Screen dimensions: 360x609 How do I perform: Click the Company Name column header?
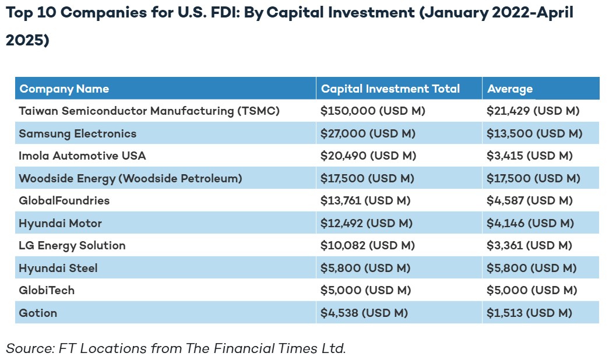click(x=64, y=89)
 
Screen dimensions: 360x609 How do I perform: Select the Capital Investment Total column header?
click(x=390, y=89)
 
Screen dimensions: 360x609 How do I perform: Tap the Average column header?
click(x=510, y=89)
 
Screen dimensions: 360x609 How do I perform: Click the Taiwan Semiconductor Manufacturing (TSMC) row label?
click(x=149, y=111)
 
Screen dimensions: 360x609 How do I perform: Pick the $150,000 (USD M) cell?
click(x=373, y=111)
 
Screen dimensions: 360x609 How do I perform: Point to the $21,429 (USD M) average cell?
click(x=533, y=111)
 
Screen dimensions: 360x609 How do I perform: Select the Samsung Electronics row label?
click(x=78, y=133)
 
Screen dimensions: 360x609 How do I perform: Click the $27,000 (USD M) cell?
click(x=368, y=133)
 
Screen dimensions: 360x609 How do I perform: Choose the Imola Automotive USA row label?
click(x=82, y=156)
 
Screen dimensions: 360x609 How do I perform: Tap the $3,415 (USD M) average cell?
click(x=530, y=156)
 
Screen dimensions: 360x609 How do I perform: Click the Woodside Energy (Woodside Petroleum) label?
click(x=130, y=178)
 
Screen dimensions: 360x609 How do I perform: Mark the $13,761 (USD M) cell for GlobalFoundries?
click(x=365, y=201)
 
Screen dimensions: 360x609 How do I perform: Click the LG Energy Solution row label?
click(x=72, y=246)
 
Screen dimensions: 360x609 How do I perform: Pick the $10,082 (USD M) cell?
click(x=367, y=246)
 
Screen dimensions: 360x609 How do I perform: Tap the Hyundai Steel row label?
click(x=58, y=268)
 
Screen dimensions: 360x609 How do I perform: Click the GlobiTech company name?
click(x=47, y=290)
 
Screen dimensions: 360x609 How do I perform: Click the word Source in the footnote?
click(x=29, y=348)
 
